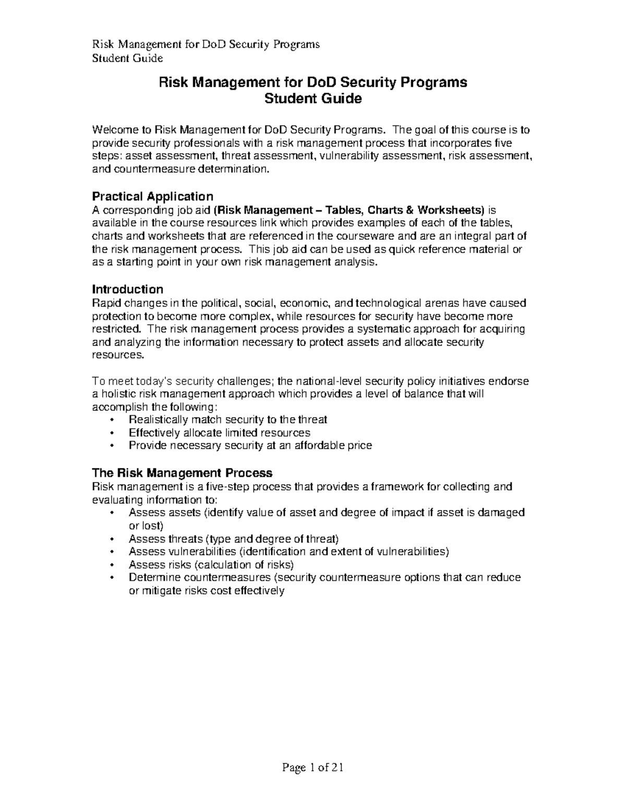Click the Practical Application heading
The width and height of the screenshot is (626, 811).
click(152, 196)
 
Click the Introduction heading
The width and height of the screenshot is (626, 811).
click(127, 289)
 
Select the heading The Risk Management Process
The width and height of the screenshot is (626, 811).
click(182, 473)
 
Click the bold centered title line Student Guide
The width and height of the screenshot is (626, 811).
click(313, 99)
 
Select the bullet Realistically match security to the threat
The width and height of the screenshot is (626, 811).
click(228, 420)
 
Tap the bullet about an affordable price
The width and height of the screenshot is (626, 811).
click(250, 445)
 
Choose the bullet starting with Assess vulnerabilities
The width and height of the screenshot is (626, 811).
click(288, 551)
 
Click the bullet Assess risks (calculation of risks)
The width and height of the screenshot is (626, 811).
click(211, 565)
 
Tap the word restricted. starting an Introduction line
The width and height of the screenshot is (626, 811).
click(116, 329)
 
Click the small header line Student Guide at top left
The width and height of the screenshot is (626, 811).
click(127, 58)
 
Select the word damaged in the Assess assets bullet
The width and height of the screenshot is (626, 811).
click(501, 512)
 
